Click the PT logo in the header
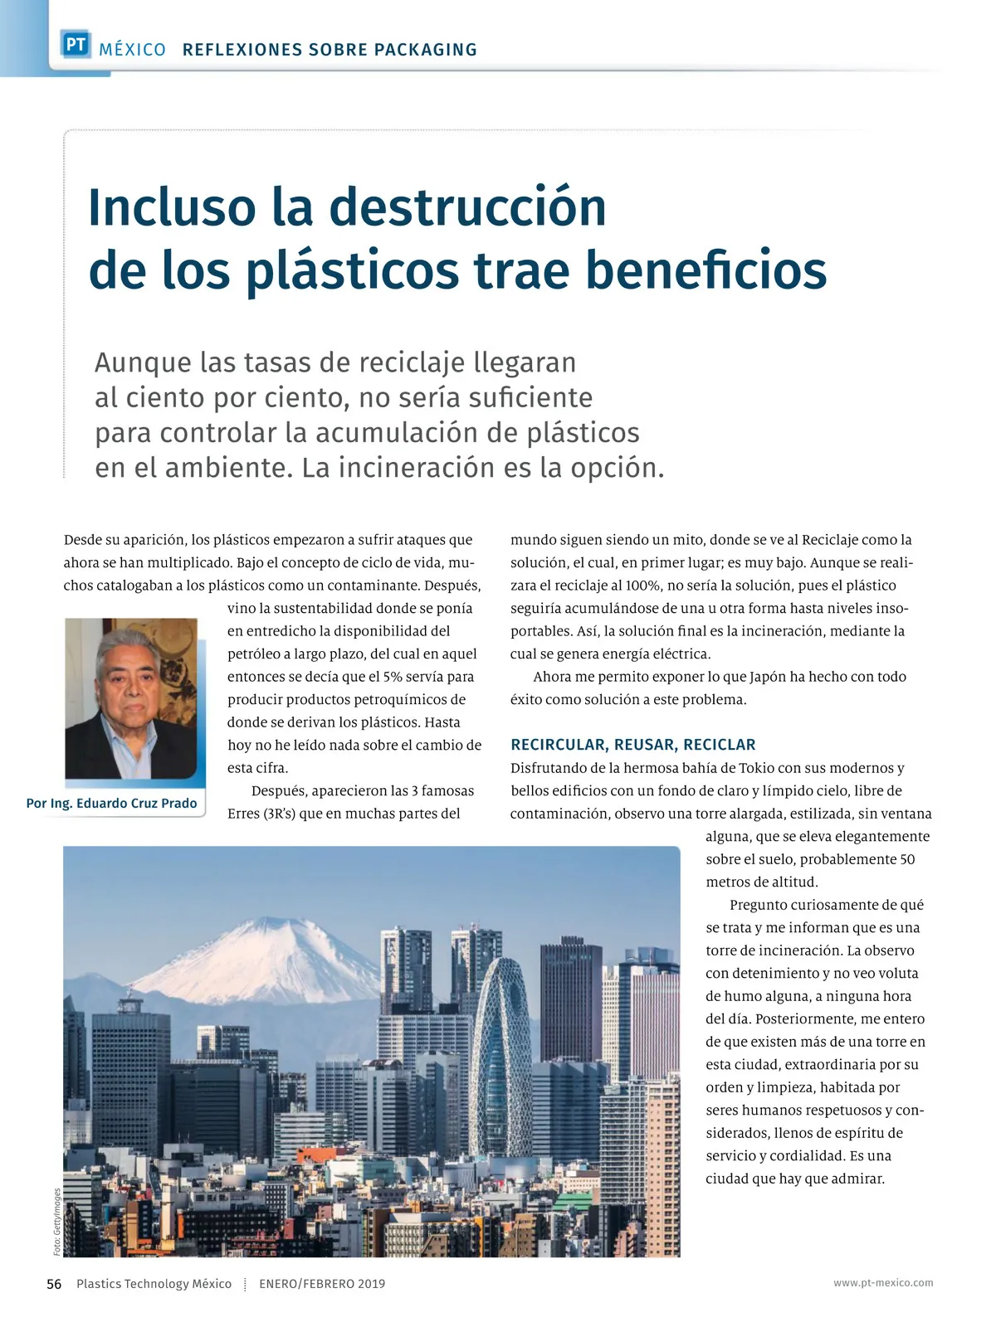76,45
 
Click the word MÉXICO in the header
132,50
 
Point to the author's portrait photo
131,698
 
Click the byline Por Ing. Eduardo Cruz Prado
112,803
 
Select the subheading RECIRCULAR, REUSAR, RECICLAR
632,745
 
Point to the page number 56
54,1284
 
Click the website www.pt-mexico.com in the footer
883,1283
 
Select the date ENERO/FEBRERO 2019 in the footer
322,1284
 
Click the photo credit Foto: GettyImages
57,1221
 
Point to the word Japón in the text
767,677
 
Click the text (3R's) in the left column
280,814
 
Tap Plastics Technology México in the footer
154,1284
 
